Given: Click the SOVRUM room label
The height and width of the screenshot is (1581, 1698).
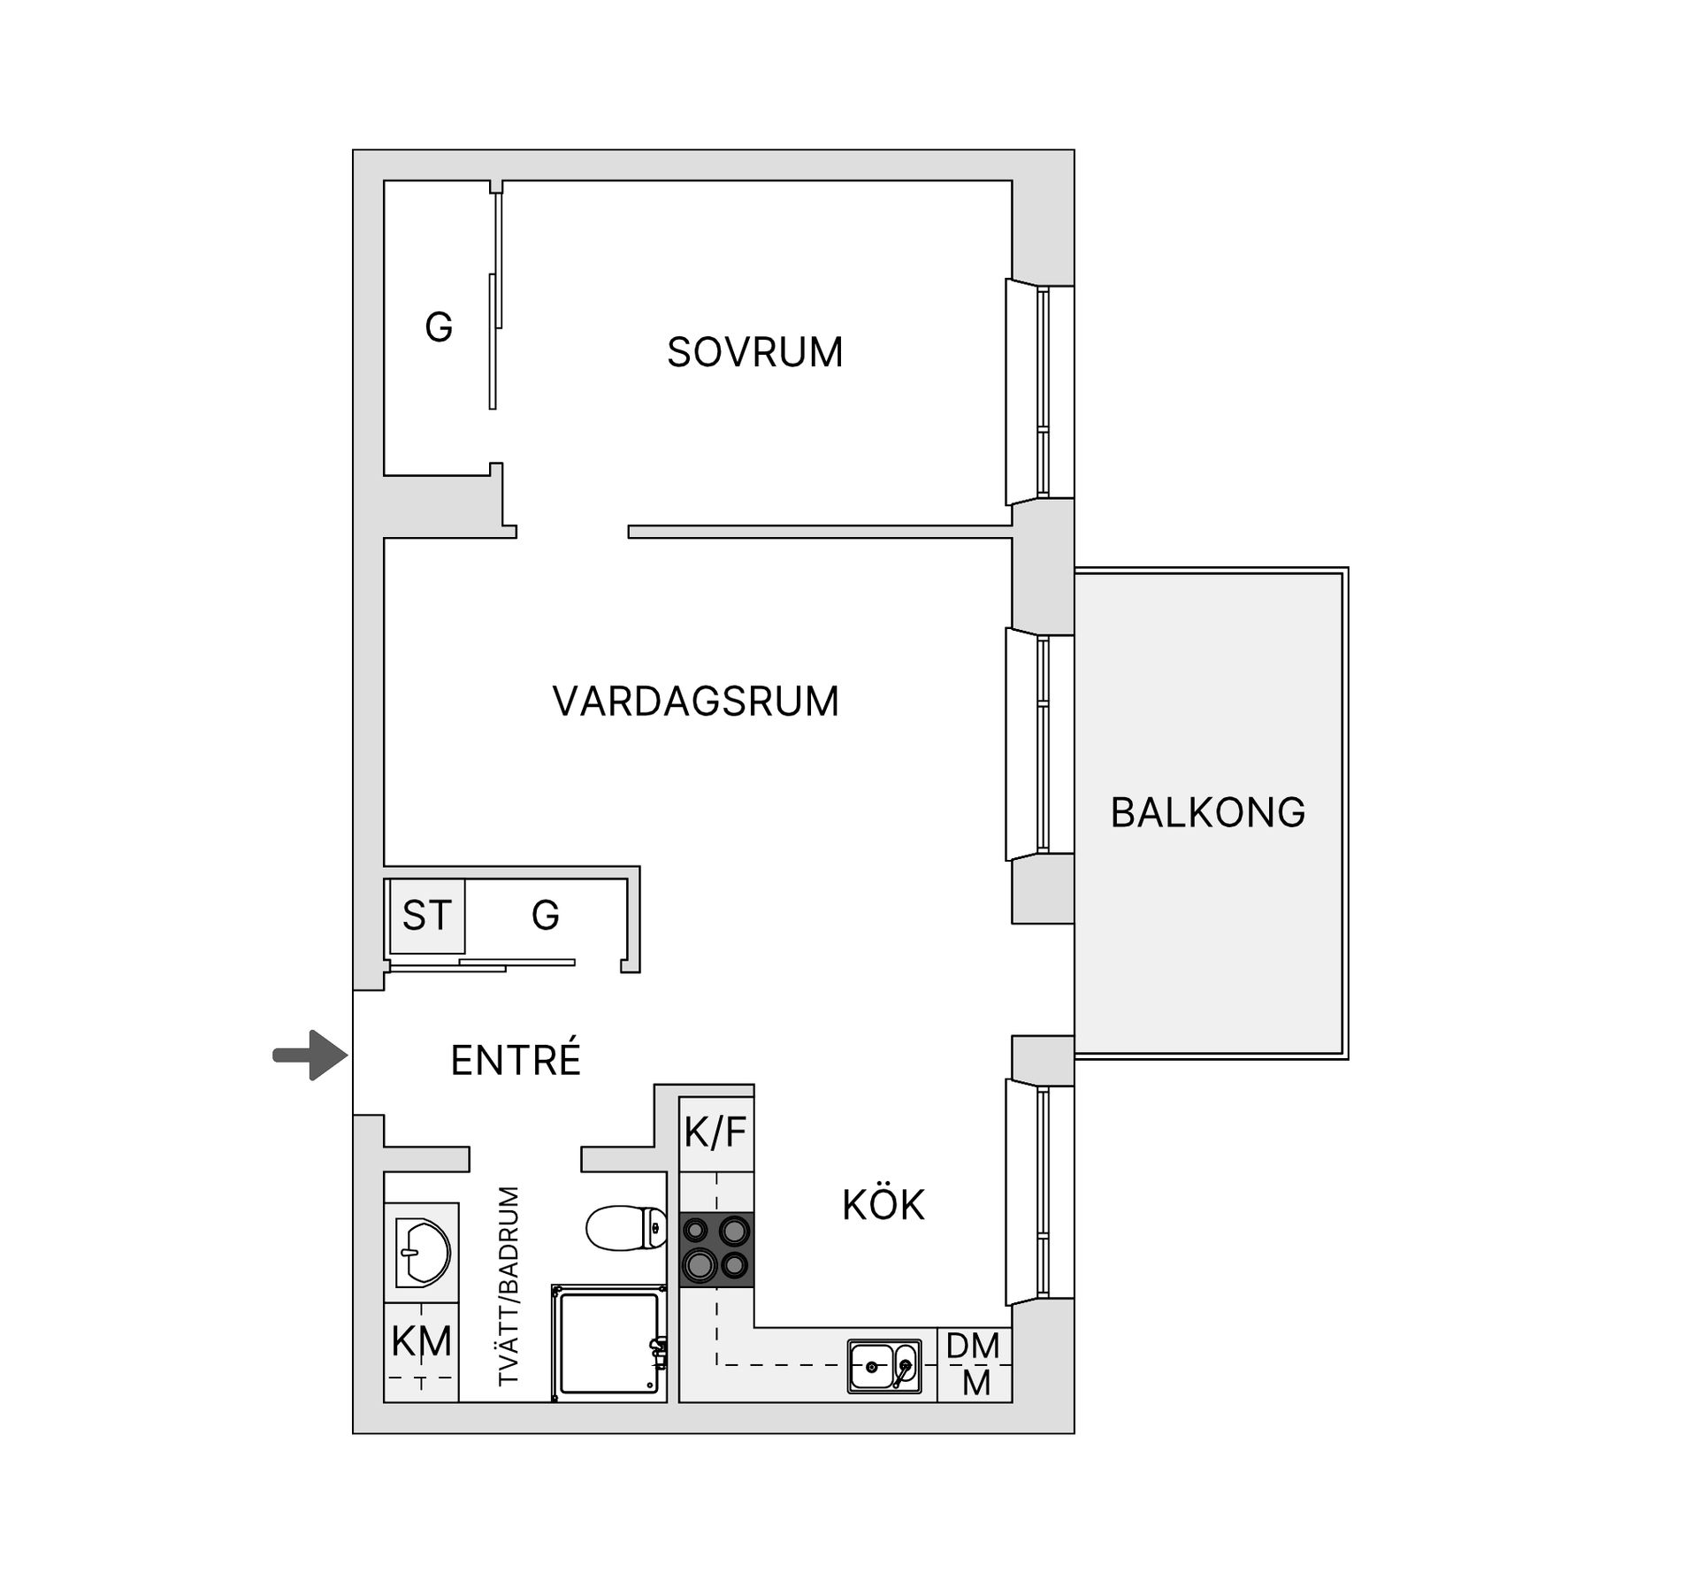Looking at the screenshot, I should click(x=754, y=352).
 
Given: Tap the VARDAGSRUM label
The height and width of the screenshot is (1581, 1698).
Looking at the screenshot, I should click(x=695, y=702).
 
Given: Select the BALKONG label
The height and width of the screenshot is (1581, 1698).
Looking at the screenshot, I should click(x=1207, y=812).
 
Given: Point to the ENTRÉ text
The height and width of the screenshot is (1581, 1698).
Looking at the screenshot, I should click(x=516, y=1060).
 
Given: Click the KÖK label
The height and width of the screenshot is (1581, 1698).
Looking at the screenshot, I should click(x=883, y=1205).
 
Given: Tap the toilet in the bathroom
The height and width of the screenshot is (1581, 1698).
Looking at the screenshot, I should click(x=626, y=1228).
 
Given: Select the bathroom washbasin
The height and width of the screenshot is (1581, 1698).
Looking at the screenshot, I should click(x=423, y=1252).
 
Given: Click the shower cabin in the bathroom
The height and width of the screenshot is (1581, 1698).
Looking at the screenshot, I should click(x=609, y=1344).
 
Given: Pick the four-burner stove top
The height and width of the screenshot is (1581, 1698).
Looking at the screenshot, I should click(x=716, y=1249).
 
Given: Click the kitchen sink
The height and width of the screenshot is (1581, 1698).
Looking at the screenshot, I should click(x=883, y=1366).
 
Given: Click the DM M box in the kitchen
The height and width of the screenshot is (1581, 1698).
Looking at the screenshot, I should click(x=974, y=1364).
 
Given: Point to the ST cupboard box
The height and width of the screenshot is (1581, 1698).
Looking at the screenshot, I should click(x=426, y=916).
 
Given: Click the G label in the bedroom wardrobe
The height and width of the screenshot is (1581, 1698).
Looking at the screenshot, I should click(x=439, y=327).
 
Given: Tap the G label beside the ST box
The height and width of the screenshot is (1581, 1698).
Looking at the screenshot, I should click(x=545, y=916).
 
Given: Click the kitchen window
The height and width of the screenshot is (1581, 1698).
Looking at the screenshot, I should click(x=1040, y=1191).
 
